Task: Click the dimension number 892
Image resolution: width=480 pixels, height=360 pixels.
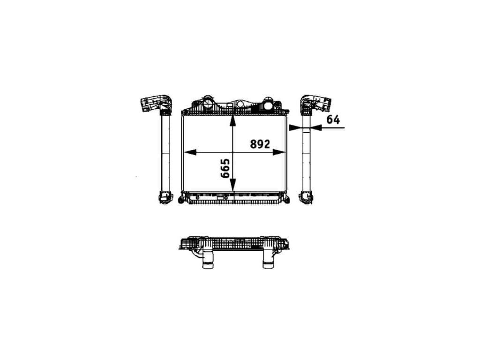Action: pyautogui.click(x=260, y=144)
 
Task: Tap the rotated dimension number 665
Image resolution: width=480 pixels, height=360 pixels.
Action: pyautogui.click(x=225, y=168)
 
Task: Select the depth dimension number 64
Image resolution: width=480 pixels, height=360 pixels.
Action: pyautogui.click(x=333, y=120)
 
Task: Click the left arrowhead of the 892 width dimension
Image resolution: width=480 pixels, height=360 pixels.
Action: pyautogui.click(x=190, y=152)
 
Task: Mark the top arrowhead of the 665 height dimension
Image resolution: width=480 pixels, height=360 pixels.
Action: pyautogui.click(x=233, y=120)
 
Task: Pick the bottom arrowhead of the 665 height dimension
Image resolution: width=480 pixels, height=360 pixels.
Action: pyautogui.click(x=233, y=185)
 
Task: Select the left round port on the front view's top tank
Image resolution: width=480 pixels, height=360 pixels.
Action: pyautogui.click(x=208, y=104)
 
